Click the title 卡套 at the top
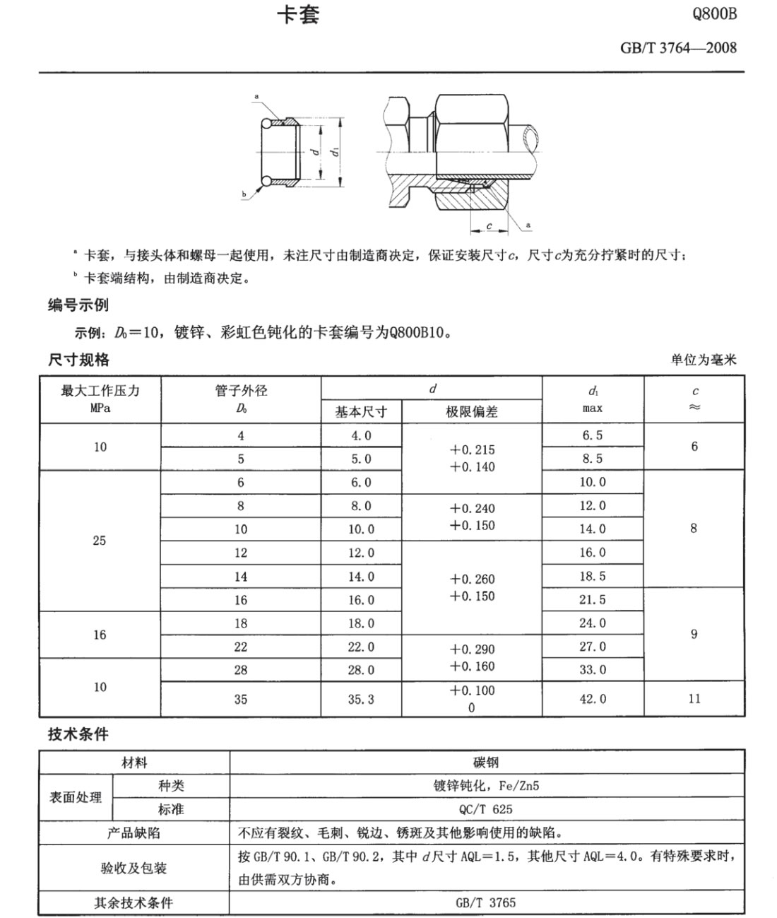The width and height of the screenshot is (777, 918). [297, 16]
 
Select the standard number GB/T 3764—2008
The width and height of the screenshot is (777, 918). [678, 47]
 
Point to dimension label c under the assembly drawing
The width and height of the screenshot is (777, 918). [489, 226]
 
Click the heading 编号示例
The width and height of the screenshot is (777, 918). [78, 305]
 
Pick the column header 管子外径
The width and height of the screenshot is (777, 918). [241, 391]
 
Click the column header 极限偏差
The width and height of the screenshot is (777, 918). [471, 411]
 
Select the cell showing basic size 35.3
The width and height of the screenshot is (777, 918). [361, 699]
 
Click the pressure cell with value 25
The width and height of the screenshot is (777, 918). [100, 541]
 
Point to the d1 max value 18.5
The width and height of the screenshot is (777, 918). [593, 576]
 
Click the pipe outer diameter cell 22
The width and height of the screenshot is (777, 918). [241, 647]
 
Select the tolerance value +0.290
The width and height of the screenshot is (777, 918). [472, 649]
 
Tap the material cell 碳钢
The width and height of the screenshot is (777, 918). [486, 762]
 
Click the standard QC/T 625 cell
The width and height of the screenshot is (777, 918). [486, 809]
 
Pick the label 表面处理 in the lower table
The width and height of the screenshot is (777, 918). [76, 797]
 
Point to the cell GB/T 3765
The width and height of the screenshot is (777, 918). [486, 902]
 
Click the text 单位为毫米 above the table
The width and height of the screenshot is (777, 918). [704, 360]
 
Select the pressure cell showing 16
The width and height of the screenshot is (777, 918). [100, 635]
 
